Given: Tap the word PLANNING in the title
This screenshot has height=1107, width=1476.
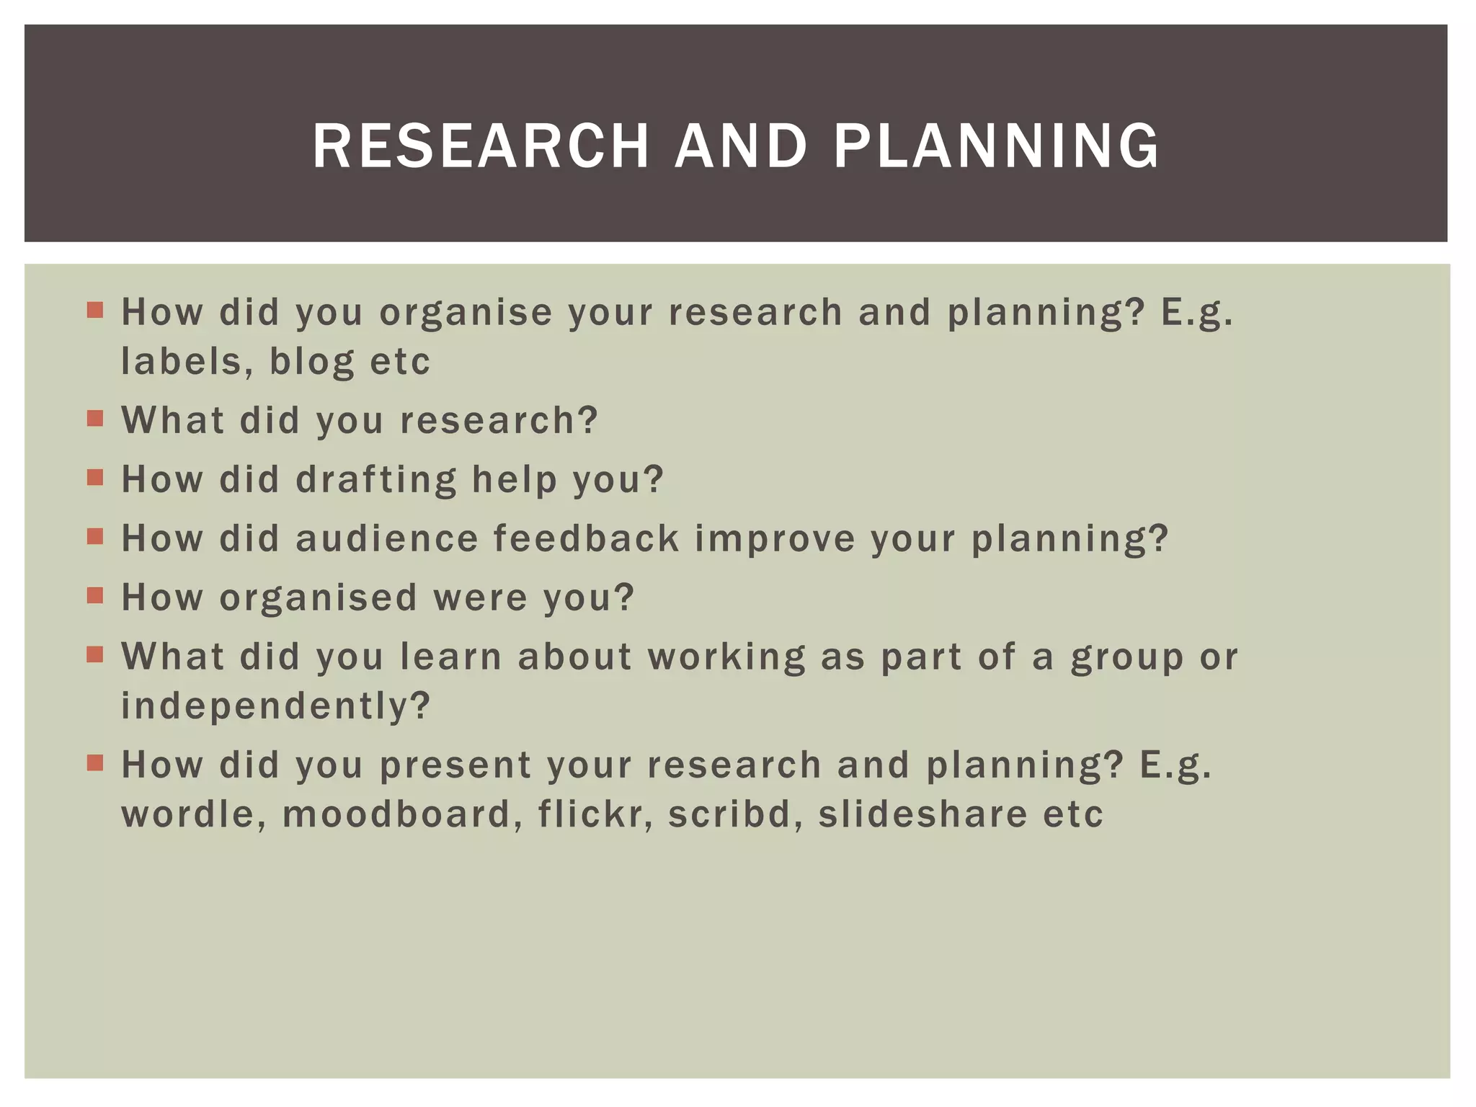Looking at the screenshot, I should tap(996, 146).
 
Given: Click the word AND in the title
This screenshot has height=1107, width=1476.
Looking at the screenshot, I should tap(740, 146).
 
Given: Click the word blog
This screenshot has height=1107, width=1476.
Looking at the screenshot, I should tap(311, 362).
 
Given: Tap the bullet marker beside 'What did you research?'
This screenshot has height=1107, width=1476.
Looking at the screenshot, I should tap(95, 419).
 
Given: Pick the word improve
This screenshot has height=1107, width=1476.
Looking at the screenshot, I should tap(775, 539).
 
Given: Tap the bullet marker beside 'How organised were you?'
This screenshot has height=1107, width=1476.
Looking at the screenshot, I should tap(95, 596).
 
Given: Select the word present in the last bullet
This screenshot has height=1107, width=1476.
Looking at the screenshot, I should tap(455, 765).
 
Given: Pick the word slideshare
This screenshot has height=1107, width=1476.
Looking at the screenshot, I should tap(922, 814).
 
